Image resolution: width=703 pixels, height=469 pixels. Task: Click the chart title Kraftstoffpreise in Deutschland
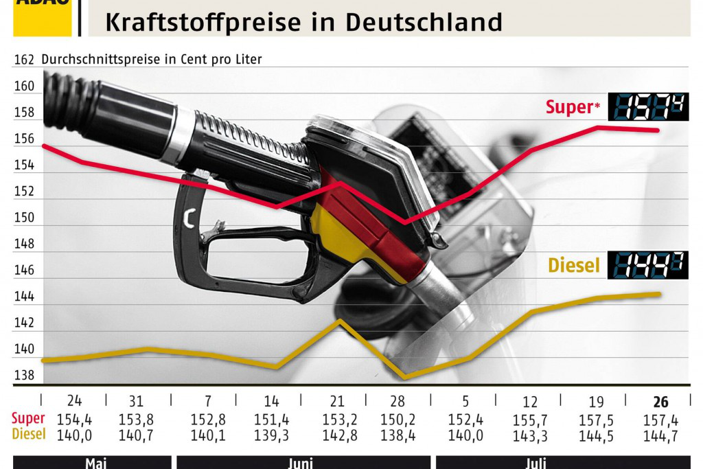303,21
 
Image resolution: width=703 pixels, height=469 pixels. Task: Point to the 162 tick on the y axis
24,60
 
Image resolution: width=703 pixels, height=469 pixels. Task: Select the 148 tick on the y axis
24,244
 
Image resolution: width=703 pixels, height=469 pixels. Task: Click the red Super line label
568,107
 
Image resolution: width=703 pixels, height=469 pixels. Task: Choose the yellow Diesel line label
573,266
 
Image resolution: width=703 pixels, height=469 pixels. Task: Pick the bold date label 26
660,402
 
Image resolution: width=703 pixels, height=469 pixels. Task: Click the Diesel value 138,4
398,434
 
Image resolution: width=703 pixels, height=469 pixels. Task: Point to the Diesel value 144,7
660,434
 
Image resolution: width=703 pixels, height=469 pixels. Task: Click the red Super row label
28,419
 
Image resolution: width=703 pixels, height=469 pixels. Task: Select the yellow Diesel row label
28,434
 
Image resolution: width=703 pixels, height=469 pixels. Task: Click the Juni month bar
303,463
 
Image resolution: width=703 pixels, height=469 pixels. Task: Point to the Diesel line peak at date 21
339,321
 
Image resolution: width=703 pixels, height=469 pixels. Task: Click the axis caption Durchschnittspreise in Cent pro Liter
152,60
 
